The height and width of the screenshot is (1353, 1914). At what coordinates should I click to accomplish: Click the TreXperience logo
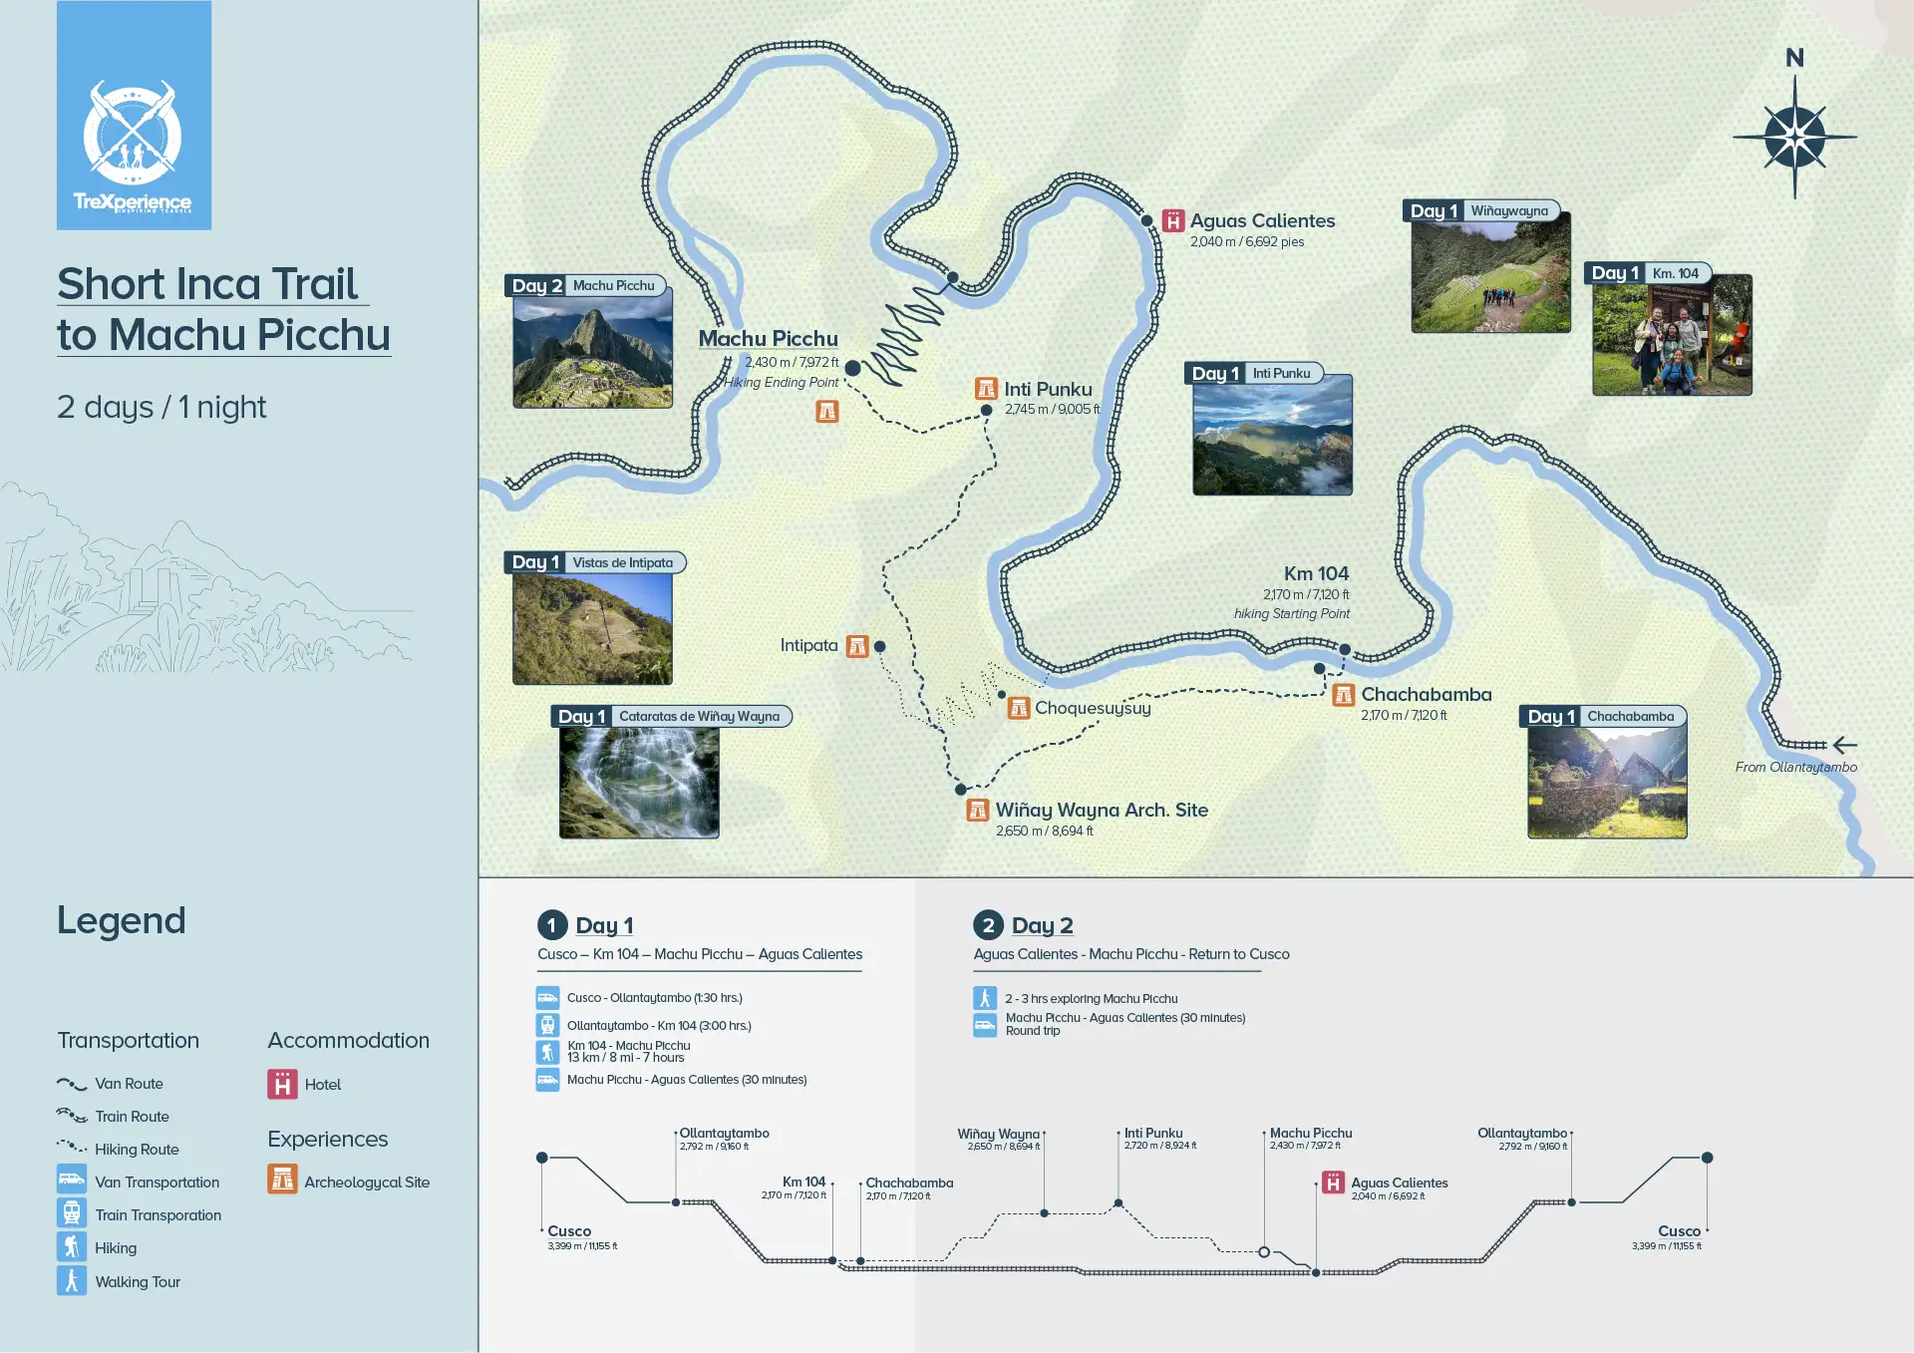coord(134,116)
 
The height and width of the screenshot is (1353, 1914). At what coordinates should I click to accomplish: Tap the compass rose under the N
coord(1794,137)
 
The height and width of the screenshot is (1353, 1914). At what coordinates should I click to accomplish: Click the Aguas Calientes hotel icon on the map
coord(1173,220)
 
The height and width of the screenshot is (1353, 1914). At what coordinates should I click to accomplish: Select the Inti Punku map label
coord(1048,389)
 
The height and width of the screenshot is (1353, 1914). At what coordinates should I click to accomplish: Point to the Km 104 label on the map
coord(1316,573)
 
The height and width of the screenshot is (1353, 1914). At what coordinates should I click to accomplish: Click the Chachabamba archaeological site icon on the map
coord(1344,695)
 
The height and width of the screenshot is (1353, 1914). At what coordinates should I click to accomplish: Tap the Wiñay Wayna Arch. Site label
coord(1102,810)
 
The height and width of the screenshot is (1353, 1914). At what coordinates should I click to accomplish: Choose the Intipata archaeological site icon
coord(857,646)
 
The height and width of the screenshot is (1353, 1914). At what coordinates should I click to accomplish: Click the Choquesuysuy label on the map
coord(1093,708)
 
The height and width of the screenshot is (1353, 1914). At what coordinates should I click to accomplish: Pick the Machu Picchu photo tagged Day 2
coord(592,347)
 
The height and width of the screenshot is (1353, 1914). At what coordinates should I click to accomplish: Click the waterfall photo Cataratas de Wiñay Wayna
coord(639,782)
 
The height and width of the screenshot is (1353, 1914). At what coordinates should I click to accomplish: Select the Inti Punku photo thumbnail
coord(1272,435)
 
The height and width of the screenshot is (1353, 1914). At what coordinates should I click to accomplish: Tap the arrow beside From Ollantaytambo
coord(1844,745)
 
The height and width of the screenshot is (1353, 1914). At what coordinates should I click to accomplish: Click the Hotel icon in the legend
coord(282,1084)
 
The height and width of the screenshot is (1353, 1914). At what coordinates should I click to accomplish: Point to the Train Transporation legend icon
coord(72,1214)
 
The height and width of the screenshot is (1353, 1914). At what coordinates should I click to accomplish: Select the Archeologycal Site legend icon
coord(282,1181)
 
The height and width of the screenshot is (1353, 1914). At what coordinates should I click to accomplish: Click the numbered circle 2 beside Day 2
coord(987,925)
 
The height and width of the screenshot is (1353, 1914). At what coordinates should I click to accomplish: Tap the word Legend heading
coord(122,920)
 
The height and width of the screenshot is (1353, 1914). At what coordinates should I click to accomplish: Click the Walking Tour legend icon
coord(72,1281)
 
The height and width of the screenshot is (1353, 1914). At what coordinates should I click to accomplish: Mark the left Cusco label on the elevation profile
coord(569,1231)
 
